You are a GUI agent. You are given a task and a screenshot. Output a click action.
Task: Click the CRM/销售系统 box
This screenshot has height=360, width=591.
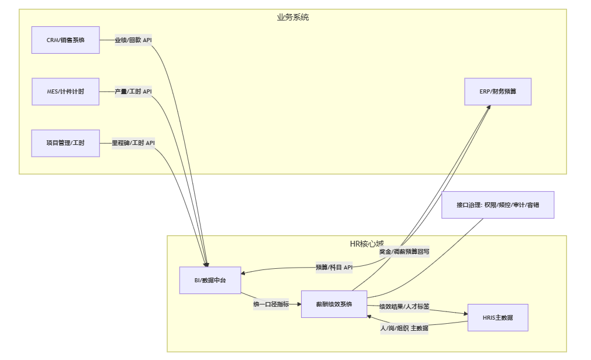point(65,40)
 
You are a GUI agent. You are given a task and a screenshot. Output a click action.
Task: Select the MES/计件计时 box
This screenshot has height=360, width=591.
point(65,92)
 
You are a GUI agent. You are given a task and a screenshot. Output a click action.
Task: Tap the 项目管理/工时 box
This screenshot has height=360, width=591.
point(65,143)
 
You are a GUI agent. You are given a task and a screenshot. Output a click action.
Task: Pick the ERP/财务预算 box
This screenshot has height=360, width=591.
point(497,92)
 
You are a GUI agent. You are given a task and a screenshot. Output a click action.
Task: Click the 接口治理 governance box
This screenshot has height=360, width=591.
point(497,205)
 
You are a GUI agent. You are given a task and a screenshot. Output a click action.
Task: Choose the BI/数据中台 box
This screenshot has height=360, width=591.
point(210,280)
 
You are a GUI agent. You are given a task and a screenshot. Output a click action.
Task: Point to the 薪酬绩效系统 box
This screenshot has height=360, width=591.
point(334,304)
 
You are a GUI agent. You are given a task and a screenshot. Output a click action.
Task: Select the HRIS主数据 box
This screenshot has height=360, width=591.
point(497,317)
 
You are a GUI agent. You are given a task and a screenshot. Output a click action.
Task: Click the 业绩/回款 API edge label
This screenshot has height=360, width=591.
point(133,40)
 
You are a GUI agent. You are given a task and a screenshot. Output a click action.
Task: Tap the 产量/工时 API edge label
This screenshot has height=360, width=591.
point(133,92)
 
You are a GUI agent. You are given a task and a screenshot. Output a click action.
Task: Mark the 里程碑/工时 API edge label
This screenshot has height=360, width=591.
point(133,143)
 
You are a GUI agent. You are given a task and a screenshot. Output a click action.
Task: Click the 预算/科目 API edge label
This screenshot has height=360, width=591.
point(334,267)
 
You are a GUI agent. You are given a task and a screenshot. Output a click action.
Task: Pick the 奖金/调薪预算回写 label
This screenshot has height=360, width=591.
point(404,252)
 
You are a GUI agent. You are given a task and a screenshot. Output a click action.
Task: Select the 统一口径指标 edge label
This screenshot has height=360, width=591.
point(271,304)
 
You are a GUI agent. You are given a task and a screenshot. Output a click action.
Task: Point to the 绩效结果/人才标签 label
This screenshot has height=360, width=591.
point(404,306)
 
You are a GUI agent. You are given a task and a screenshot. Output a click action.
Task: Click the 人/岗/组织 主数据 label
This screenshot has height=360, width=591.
point(404,328)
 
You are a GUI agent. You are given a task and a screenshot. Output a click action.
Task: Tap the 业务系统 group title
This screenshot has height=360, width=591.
point(293,18)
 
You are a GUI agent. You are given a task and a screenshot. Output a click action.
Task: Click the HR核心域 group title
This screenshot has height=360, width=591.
point(367,243)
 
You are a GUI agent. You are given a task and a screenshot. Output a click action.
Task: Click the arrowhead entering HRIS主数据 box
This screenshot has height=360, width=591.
point(465,314)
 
